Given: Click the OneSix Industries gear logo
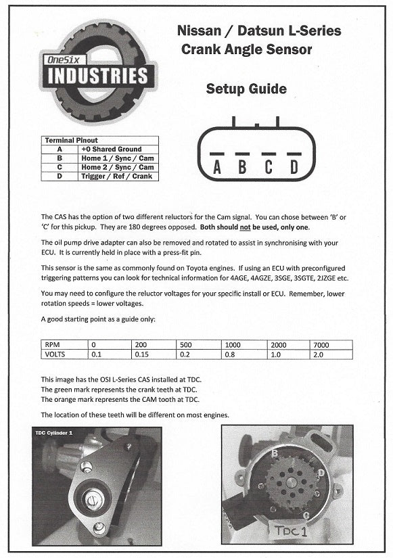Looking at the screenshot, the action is [98, 72].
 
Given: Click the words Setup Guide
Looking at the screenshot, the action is [246, 89].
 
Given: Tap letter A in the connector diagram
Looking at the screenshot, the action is [216, 167].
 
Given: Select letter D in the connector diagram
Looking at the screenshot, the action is [294, 167].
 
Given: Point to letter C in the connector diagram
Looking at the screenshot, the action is [269, 167].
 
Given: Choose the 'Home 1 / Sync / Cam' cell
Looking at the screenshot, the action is [118, 158].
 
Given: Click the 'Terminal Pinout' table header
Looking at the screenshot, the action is [71, 140].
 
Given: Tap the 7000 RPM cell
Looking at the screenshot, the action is [331, 345].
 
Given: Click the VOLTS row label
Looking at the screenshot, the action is [64, 354].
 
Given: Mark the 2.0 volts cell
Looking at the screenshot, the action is [331, 354].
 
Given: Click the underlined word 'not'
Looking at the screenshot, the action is [245, 227].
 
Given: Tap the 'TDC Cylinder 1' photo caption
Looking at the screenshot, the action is [53, 433].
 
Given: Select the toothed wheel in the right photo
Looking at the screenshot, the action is [292, 482].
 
